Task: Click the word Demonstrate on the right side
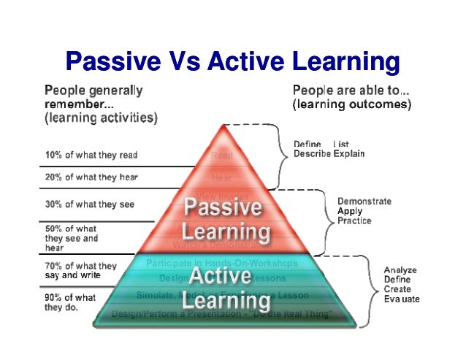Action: (x=364, y=202)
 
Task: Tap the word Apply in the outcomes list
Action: (x=349, y=211)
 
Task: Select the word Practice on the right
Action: (x=354, y=221)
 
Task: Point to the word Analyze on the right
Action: (x=401, y=270)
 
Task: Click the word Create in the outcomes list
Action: (x=398, y=289)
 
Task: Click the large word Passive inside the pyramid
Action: (x=222, y=207)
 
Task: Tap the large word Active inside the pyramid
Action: (x=221, y=277)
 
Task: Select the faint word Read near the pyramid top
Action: (x=221, y=155)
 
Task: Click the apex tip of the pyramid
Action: (x=222, y=125)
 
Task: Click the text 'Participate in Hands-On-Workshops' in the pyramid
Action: (x=221, y=263)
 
